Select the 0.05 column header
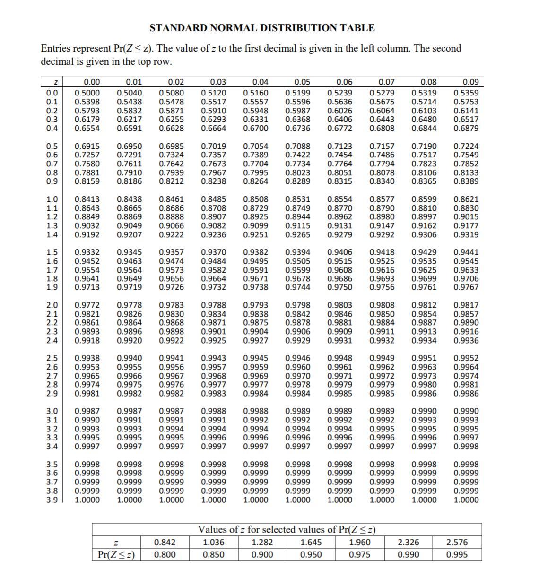click(297, 82)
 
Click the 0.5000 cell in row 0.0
click(87, 93)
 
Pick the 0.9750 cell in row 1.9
click(339, 287)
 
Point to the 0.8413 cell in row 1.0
click(87, 199)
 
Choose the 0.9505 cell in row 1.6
click(297, 261)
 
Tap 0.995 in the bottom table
click(457, 555)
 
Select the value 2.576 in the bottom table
click(457, 543)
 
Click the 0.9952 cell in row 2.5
click(466, 358)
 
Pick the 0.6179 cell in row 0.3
click(87, 119)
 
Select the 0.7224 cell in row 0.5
click(466, 146)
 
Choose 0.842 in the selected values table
click(165, 543)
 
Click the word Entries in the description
click(56, 49)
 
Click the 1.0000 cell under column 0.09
click(466, 499)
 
